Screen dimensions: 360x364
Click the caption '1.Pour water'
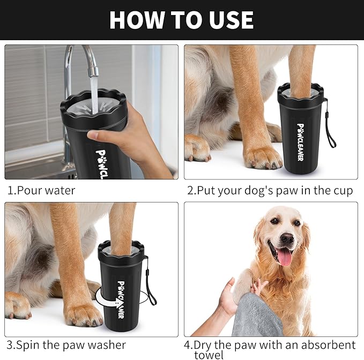point(41,190)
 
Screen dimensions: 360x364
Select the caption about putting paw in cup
point(270,191)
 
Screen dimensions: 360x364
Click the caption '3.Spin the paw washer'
point(66,345)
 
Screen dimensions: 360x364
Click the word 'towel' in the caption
point(209,355)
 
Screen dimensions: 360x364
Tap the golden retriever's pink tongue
point(285,257)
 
